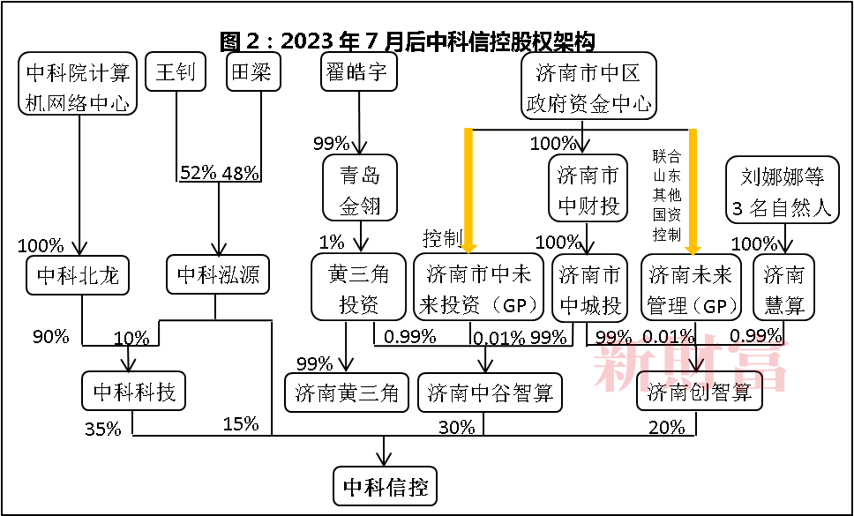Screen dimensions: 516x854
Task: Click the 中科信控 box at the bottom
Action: (385, 486)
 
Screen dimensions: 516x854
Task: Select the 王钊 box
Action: (176, 72)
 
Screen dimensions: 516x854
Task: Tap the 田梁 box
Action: (253, 72)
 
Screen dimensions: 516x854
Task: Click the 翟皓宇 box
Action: (359, 72)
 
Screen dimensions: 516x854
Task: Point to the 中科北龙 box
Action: (78, 276)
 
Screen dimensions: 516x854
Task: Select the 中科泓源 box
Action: (218, 274)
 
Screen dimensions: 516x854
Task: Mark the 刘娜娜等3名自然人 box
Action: (783, 189)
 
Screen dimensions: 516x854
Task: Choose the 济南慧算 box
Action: (784, 288)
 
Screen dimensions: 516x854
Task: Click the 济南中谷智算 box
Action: (491, 393)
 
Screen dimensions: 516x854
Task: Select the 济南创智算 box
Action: (700, 393)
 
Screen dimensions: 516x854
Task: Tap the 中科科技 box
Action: (134, 392)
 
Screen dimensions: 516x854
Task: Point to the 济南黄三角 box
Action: (347, 393)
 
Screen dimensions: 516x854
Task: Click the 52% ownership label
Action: (197, 173)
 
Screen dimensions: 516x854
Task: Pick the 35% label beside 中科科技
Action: (102, 430)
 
